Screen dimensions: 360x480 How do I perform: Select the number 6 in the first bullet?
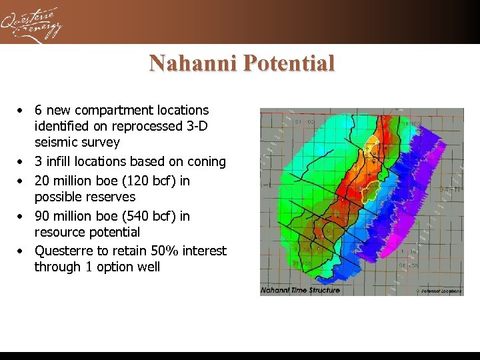click(x=39, y=110)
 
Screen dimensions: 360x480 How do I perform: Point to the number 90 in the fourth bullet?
click(x=42, y=216)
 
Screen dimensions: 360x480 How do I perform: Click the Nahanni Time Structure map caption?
click(x=300, y=290)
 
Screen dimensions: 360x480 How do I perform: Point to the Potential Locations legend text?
click(x=440, y=291)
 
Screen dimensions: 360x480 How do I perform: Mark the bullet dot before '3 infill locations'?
click(x=22, y=162)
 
